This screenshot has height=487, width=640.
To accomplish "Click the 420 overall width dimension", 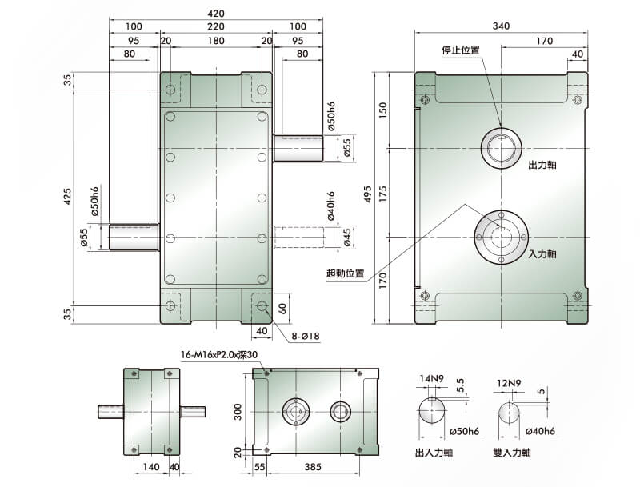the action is click(x=216, y=14).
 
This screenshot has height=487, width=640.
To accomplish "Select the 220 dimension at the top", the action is click(x=216, y=26).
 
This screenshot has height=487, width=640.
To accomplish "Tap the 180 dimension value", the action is click(x=216, y=41).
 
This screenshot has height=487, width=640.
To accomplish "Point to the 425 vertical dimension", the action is click(x=68, y=196).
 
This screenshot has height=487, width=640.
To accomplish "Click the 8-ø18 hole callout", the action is click(x=306, y=337).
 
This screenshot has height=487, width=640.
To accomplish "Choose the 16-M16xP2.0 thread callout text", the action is click(x=219, y=355).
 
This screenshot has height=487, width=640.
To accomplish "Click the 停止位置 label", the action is click(x=461, y=50).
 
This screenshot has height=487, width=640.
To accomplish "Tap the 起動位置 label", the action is click(x=345, y=273).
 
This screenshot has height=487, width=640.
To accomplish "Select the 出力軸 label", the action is click(x=542, y=165).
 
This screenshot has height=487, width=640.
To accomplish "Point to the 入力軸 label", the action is click(x=542, y=253).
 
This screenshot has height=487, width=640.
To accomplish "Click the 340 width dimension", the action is click(x=501, y=26).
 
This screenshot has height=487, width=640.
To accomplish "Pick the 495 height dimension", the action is click(x=368, y=194).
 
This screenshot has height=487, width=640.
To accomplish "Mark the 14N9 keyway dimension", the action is click(x=432, y=378).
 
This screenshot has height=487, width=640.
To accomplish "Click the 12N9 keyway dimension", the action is click(x=509, y=383).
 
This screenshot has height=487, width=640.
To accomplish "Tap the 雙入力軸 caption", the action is click(x=512, y=453).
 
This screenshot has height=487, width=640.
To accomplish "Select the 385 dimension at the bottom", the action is click(x=313, y=467).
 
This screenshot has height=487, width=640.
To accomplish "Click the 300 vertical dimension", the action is click(x=238, y=412).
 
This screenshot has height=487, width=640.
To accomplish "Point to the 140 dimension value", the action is click(x=151, y=467).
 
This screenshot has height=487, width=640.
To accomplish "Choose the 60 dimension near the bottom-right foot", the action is click(x=282, y=309).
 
